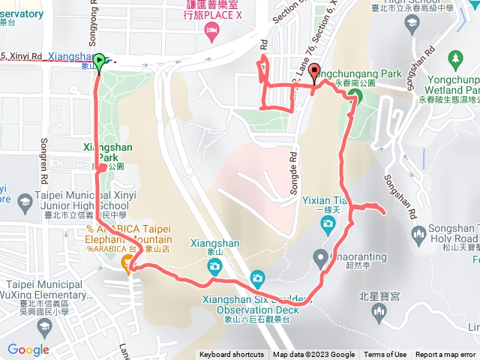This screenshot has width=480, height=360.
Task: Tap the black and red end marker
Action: click(x=313, y=71)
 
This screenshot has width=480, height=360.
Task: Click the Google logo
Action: click(x=28, y=349)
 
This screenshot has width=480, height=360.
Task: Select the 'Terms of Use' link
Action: click(x=385, y=355)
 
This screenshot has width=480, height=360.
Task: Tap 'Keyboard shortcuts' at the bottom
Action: click(x=232, y=355)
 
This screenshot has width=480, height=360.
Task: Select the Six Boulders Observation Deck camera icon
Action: click(x=257, y=278)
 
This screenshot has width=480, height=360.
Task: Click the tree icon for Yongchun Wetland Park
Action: click(x=455, y=58)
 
